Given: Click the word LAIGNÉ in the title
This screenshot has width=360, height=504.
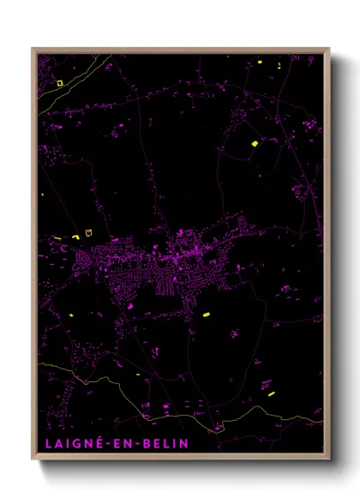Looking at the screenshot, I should [69, 443].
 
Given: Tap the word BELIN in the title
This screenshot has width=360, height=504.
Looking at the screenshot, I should [153, 443].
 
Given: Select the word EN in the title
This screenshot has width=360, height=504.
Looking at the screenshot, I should [116, 443].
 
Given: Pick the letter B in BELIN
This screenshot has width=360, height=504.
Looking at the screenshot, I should [135, 443].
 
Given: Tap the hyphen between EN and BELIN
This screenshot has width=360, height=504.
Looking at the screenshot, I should [128, 443].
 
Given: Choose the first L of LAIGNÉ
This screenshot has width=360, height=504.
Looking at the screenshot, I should [44, 443].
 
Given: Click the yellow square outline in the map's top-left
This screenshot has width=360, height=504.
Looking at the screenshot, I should [59, 83].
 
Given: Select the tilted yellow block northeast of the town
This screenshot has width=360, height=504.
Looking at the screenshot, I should [255, 143].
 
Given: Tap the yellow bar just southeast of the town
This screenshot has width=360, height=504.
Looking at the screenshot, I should [206, 315].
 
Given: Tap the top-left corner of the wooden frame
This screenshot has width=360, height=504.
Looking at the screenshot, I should [33, 48].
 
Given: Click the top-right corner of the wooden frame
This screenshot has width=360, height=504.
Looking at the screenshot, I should [329, 48].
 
